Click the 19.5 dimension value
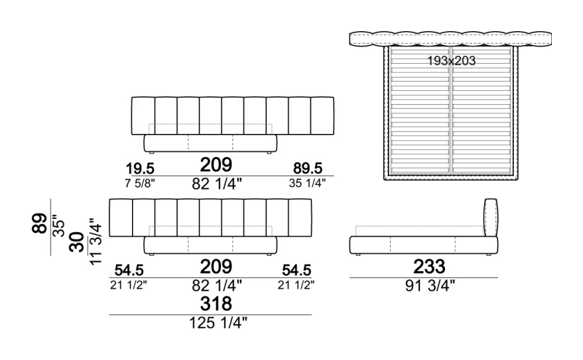(x=140, y=168)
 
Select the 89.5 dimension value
(x=308, y=168)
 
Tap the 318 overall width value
(x=216, y=304)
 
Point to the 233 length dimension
(x=429, y=267)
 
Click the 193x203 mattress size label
(x=451, y=60)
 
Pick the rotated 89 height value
(x=40, y=223)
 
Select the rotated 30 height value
(x=77, y=242)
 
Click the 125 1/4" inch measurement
(x=218, y=322)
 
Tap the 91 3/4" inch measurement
(x=430, y=286)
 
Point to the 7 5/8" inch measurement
(x=140, y=183)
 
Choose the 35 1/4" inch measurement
(x=307, y=183)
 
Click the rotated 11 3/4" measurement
(x=96, y=241)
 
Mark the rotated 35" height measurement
(x=59, y=225)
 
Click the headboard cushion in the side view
(x=491, y=217)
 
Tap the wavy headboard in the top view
(x=450, y=39)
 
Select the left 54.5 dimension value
(x=129, y=270)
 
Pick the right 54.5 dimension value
(x=296, y=270)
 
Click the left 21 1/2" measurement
(x=129, y=285)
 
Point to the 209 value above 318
(x=216, y=267)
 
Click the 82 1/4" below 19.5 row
(x=217, y=184)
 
